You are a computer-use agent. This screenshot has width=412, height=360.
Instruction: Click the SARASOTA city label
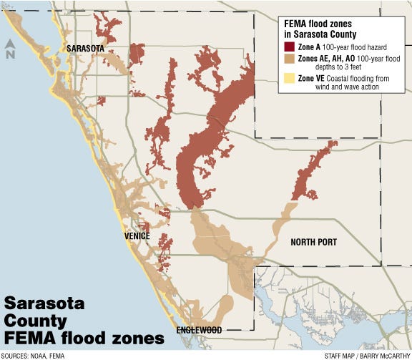click(84, 48)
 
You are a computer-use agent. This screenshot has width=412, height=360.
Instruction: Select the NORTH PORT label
click(313, 243)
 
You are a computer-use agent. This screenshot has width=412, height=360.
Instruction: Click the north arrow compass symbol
click(10, 49)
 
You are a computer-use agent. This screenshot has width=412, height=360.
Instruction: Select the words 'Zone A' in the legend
click(303, 47)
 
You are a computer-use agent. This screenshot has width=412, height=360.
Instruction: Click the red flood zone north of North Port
click(313, 172)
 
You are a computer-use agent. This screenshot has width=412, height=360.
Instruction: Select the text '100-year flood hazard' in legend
click(349, 47)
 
